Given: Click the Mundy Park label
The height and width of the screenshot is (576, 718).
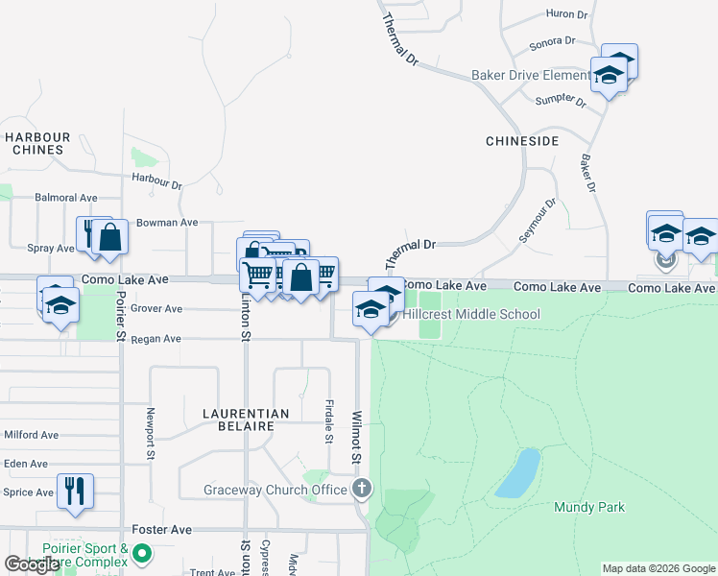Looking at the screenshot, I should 588,507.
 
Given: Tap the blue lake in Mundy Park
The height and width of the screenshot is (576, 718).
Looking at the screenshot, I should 518,472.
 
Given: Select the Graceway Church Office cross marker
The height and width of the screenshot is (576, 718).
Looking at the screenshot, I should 361,489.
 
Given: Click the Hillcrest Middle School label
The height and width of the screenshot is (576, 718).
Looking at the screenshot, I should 470,314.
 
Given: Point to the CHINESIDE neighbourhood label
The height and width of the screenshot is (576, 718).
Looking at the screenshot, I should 522,141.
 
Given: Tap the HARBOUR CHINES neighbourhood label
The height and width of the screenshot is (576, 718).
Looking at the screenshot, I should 37,143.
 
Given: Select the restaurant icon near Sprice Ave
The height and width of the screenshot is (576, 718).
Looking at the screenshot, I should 74,491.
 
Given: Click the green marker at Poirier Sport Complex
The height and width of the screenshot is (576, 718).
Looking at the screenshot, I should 143,553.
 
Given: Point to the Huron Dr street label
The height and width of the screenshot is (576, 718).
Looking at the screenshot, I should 566,14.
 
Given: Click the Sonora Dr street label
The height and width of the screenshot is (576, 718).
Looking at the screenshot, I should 552,42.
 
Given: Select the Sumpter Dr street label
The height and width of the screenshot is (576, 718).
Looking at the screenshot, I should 562,99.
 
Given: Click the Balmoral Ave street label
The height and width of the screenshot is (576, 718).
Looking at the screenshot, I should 66,198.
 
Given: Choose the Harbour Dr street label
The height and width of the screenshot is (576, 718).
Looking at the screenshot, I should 157,180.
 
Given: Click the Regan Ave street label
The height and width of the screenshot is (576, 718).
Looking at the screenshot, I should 157,339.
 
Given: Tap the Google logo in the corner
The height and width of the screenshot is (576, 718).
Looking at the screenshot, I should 32,564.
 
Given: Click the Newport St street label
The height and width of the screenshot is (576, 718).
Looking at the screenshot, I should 151,434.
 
